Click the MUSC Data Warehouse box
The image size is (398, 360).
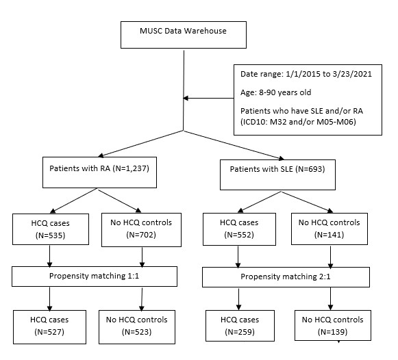click(x=184, y=35)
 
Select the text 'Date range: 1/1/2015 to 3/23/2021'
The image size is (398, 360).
click(x=306, y=74)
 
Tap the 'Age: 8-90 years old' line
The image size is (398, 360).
click(x=275, y=92)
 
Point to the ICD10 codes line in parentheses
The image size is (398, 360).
click(x=298, y=122)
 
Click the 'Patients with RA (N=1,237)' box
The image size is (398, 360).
click(x=99, y=172)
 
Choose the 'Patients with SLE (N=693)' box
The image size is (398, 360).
click(x=277, y=175)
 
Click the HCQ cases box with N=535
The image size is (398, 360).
click(x=51, y=229)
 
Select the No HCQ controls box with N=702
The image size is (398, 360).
click(x=141, y=230)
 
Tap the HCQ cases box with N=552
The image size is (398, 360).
click(x=239, y=229)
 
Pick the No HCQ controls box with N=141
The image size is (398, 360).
click(x=329, y=229)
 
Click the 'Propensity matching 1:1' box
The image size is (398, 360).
click(x=95, y=277)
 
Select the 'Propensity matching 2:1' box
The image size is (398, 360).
click(x=286, y=277)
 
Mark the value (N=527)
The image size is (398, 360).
click(x=49, y=332)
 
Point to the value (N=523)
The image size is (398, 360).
click(x=137, y=332)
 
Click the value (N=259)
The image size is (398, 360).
click(x=240, y=332)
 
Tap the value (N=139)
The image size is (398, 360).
click(x=332, y=332)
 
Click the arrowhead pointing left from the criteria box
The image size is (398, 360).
click(x=186, y=98)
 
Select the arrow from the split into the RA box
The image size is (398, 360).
click(x=141, y=144)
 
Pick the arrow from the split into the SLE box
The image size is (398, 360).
click(x=234, y=145)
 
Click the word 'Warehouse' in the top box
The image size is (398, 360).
click(x=205, y=31)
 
